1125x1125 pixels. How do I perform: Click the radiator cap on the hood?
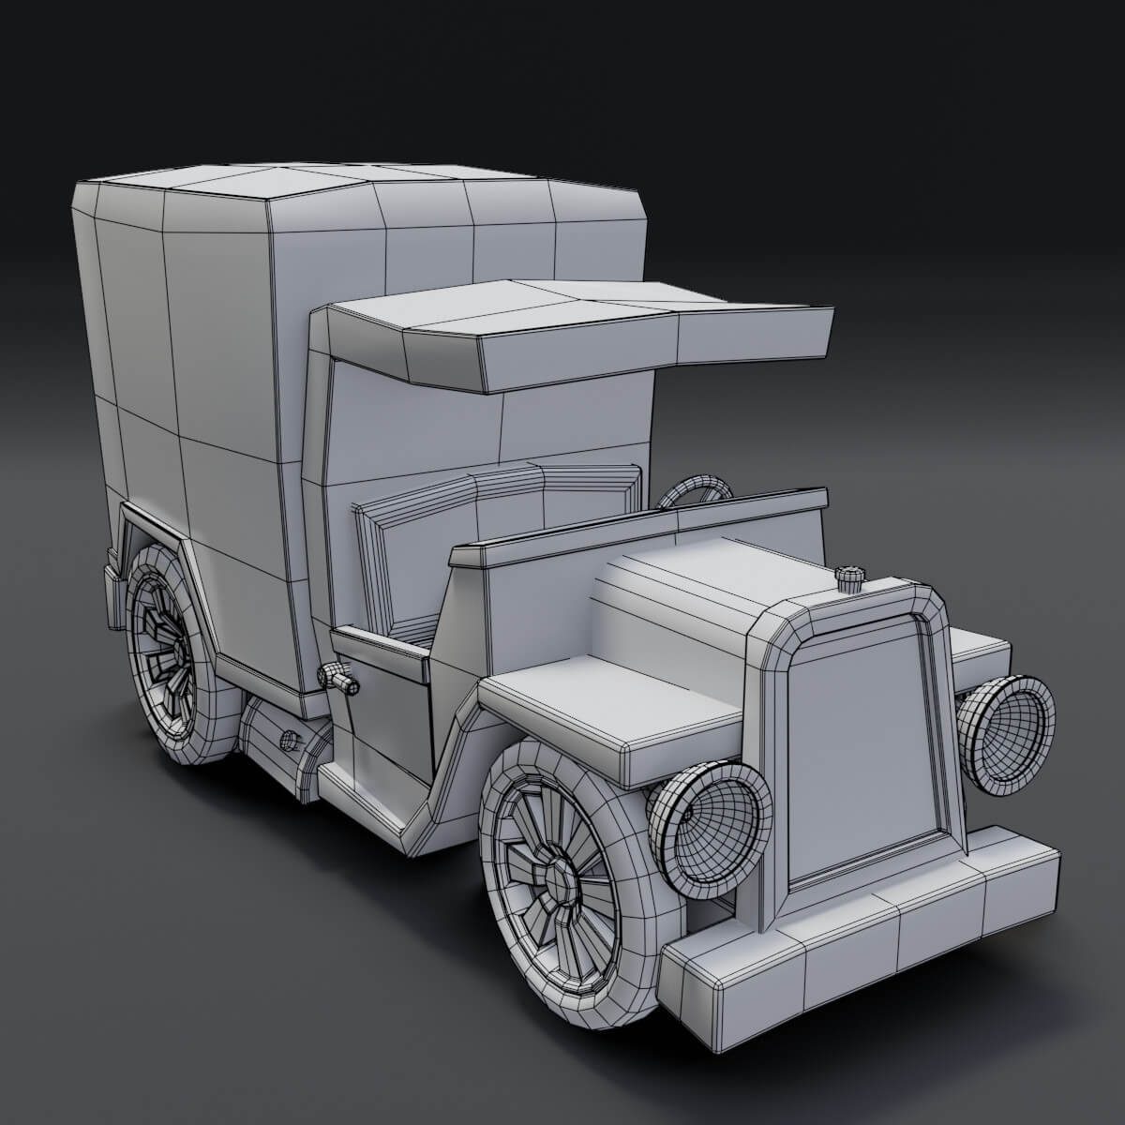tap(850, 578)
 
